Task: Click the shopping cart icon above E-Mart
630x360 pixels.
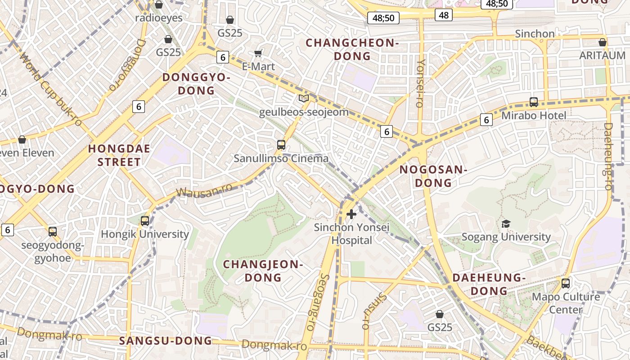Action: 258,54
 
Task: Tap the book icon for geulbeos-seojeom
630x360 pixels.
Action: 304,98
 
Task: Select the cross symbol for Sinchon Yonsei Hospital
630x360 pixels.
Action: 351,214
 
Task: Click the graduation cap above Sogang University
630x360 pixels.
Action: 506,224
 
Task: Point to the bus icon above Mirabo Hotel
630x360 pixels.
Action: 534,102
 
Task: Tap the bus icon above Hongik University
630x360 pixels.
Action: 144,221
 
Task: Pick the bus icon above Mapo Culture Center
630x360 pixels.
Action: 566,283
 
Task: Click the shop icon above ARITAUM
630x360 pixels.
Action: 603,42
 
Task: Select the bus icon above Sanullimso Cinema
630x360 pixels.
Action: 281,145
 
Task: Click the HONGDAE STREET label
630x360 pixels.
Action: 119,155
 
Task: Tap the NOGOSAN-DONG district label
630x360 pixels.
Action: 433,176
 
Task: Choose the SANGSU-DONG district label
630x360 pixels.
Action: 166,341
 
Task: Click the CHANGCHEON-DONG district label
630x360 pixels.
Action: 352,49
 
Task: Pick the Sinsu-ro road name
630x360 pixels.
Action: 375,311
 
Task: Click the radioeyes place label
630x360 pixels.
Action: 159,18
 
